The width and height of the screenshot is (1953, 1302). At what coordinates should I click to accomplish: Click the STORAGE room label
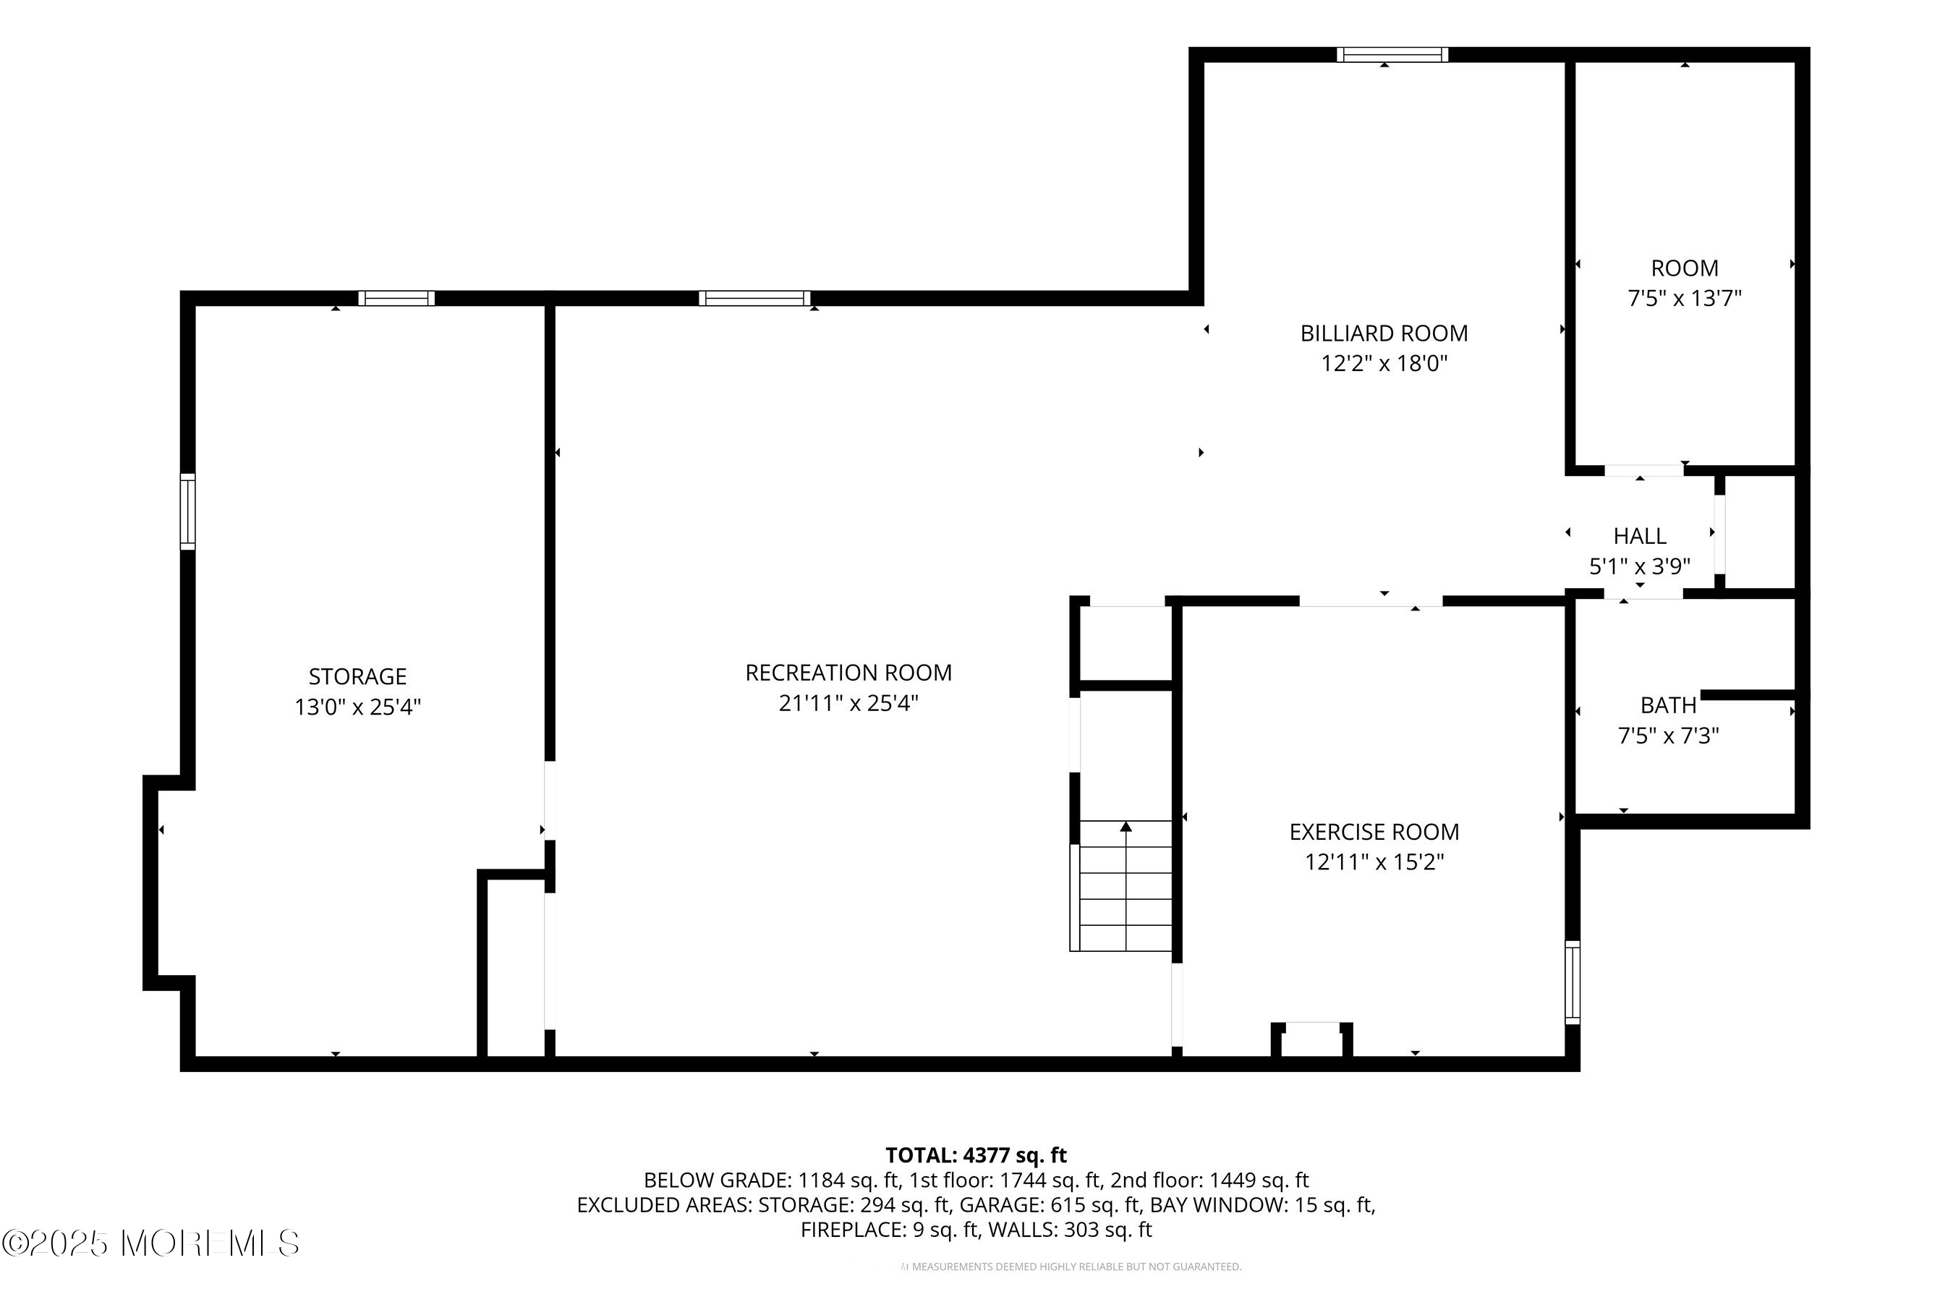(358, 677)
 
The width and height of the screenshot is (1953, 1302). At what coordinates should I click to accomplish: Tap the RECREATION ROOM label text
(848, 673)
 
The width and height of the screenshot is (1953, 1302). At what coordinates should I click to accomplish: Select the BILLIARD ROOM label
(1384, 333)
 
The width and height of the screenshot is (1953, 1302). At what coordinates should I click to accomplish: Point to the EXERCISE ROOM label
(1374, 831)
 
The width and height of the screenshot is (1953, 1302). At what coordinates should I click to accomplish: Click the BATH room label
(1668, 705)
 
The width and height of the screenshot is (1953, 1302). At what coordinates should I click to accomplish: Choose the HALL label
(1640, 535)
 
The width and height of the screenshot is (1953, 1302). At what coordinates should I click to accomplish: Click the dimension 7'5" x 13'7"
(1685, 297)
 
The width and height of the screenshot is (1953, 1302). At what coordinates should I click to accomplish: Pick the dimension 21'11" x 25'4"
(848, 702)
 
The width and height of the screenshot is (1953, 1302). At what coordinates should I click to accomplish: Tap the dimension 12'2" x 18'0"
(1384, 363)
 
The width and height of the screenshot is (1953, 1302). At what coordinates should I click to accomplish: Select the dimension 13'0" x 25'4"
(358, 707)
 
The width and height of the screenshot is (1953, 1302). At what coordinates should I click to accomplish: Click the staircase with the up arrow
(1124, 885)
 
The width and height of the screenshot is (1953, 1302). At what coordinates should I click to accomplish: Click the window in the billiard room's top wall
(1392, 55)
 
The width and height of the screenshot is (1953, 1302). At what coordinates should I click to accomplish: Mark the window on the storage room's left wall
(187, 511)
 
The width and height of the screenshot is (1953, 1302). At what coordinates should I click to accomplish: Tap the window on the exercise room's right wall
(1573, 982)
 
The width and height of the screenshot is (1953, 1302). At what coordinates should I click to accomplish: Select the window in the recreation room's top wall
(754, 298)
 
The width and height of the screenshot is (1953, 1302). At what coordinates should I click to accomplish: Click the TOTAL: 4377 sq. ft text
(976, 1155)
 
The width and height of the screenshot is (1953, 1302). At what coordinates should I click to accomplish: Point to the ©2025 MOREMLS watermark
(150, 1243)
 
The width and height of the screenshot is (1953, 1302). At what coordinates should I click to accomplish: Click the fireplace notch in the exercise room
(1312, 1039)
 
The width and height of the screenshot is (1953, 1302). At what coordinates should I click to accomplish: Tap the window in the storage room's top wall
(397, 298)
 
